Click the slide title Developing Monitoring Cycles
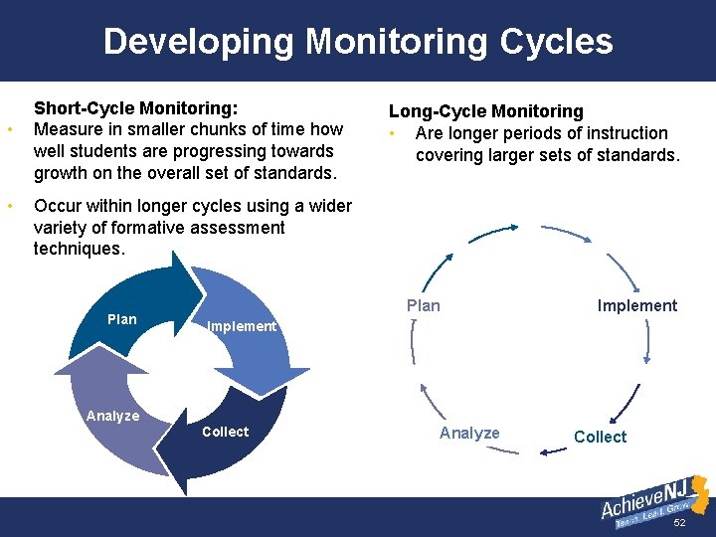pos(358,42)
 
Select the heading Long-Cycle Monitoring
pos(485,111)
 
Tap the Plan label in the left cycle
pos(121,319)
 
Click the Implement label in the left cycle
pos(241,326)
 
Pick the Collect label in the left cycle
pos(225,432)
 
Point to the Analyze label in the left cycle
pos(112,416)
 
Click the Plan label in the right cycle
pos(424,305)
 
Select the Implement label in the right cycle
pos(636,305)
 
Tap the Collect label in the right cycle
pos(600,437)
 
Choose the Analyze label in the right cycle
pos(469,433)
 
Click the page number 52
pos(680,523)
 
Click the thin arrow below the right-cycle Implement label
pos(648,340)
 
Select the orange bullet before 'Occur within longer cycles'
pos(10,207)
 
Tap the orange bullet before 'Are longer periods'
pos(395,133)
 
